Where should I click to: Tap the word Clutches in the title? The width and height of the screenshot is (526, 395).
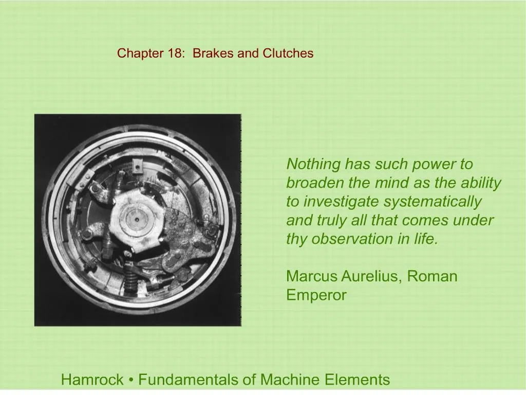pyautogui.click(x=288, y=53)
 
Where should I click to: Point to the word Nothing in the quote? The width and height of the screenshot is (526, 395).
pyautogui.click(x=313, y=165)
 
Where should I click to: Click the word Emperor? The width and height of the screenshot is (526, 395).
pyautogui.click(x=316, y=295)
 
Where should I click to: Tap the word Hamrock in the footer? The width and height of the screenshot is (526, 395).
pyautogui.click(x=92, y=380)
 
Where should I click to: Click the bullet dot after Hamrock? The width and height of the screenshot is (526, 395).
pyautogui.click(x=131, y=381)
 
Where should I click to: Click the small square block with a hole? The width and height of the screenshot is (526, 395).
pyautogui.click(x=137, y=165)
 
